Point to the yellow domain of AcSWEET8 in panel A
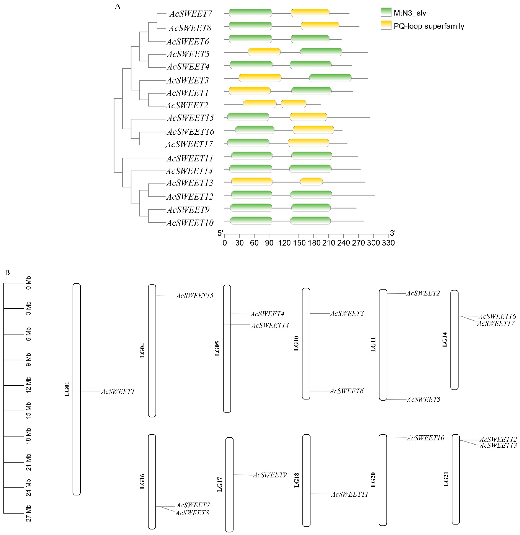click(x=320, y=26)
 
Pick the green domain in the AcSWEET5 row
click(x=321, y=52)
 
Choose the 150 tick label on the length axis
click(x=299, y=243)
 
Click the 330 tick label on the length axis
click(x=388, y=243)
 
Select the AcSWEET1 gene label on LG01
click(x=118, y=392)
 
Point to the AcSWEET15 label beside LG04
click(x=195, y=296)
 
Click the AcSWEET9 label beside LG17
click(x=270, y=475)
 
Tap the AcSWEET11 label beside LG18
click(x=350, y=494)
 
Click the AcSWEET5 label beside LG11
click(x=424, y=400)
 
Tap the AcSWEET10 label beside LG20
click(x=425, y=438)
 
